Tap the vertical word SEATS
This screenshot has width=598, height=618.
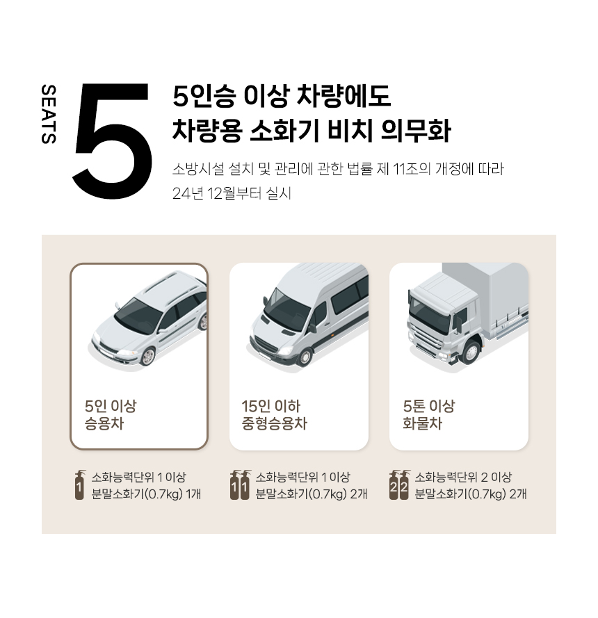(x=49, y=113)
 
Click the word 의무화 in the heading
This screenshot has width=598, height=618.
(x=416, y=131)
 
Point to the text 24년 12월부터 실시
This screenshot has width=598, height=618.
(x=232, y=193)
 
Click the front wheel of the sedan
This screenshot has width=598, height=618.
(x=148, y=357)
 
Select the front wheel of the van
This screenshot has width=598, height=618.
(x=305, y=357)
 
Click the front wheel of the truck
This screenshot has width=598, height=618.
(x=471, y=352)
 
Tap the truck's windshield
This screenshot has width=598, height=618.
(x=430, y=313)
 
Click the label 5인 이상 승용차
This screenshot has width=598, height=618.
(x=111, y=414)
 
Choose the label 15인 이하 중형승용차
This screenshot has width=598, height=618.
(x=274, y=414)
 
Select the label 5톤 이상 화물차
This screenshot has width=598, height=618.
(x=428, y=414)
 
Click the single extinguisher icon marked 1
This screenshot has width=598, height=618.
(x=80, y=485)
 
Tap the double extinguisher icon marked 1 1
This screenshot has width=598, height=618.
(x=240, y=485)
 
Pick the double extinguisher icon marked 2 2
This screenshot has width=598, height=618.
(x=399, y=485)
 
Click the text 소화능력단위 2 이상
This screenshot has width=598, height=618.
(x=463, y=478)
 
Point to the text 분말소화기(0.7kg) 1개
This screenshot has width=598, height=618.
(x=146, y=494)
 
